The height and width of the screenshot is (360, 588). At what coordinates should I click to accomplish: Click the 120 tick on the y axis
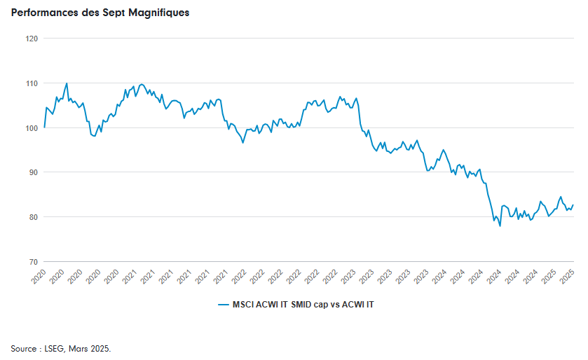[x=32, y=39]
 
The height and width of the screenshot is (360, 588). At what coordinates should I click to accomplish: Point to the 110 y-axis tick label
[x=32, y=83]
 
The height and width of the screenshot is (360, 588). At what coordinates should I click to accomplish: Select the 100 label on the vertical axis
[x=32, y=127]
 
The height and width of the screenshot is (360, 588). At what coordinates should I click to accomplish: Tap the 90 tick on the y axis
[x=33, y=172]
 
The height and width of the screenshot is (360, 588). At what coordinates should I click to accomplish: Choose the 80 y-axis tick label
[x=33, y=217]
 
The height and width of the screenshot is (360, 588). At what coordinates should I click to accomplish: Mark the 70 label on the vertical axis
[x=33, y=262]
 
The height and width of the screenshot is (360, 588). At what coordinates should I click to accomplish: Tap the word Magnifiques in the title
[x=159, y=13]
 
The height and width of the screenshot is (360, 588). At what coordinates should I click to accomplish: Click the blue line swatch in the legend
[x=222, y=305]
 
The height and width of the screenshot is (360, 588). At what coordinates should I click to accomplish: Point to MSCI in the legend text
[x=244, y=305]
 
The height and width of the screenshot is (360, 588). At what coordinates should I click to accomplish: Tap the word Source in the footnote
[x=24, y=348]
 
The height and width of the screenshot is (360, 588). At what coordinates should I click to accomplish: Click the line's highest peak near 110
[x=67, y=83]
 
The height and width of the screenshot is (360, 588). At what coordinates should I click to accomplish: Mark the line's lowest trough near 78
[x=500, y=226]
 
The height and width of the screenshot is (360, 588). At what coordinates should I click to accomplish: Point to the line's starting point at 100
[x=44, y=127]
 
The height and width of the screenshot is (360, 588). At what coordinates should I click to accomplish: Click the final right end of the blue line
[x=573, y=205]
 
